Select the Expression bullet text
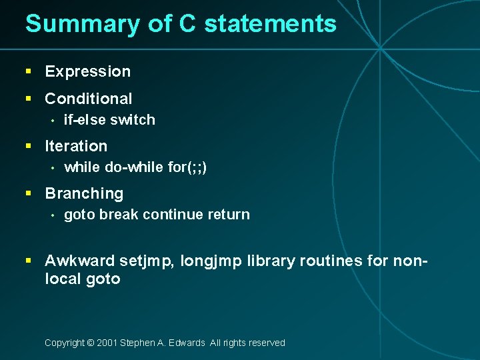click(x=87, y=71)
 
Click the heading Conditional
click(x=88, y=99)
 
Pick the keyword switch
click(x=133, y=120)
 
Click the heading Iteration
click(x=75, y=146)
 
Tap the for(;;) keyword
click(x=187, y=167)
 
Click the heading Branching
click(x=84, y=194)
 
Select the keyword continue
click(x=172, y=215)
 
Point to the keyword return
click(x=228, y=215)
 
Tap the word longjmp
click(x=211, y=261)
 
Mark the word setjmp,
click(x=148, y=261)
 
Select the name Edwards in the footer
click(x=187, y=343)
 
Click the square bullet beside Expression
click(x=28, y=71)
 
